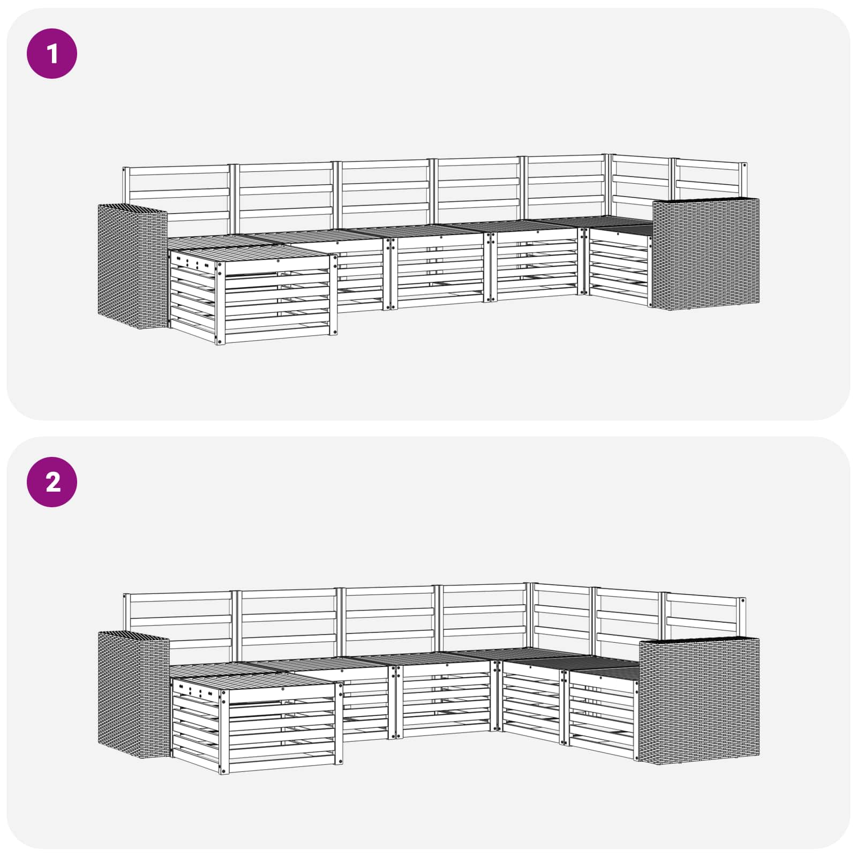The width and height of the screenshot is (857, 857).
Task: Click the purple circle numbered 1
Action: [52, 54]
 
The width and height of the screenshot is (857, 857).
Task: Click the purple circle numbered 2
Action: [52, 482]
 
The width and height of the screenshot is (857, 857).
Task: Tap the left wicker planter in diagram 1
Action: [132, 266]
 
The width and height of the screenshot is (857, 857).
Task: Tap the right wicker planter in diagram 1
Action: [705, 253]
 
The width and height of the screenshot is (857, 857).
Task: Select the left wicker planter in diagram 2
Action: [133, 695]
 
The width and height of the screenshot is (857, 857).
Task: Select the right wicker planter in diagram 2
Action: [699, 700]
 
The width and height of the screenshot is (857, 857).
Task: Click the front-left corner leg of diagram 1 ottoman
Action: [220, 303]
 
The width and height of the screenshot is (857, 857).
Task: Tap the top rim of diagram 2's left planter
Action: [133, 635]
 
